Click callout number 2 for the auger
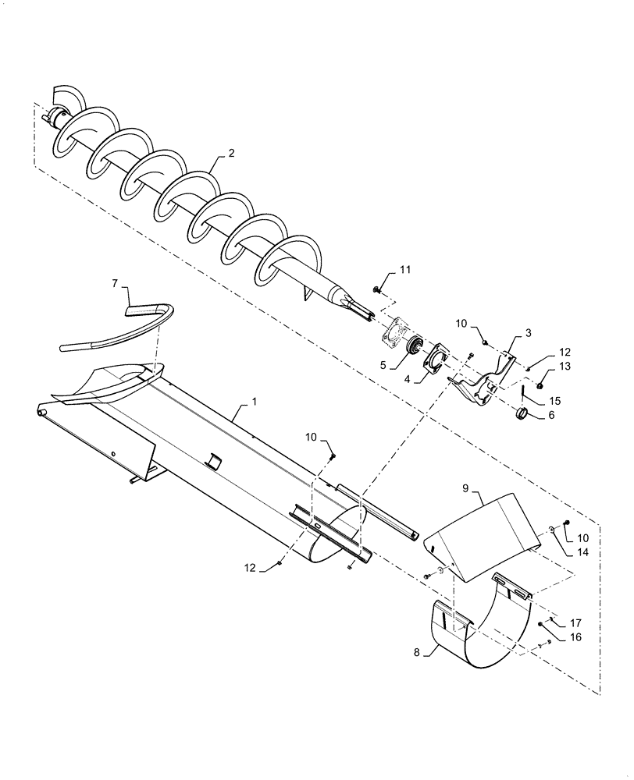pos(230,154)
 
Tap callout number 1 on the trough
pos(253,402)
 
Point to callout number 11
pos(405,270)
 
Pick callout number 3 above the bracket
pos(529,333)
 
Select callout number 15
pos(555,400)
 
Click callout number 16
pos(575,637)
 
